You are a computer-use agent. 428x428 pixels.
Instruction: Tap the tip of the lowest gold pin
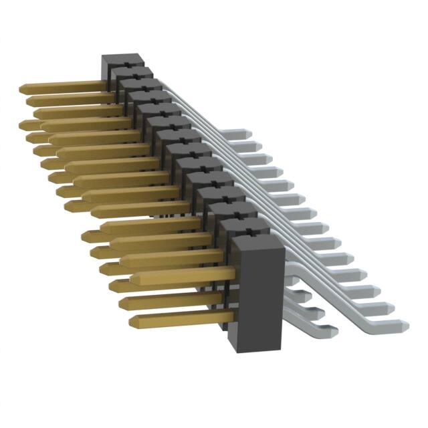[132, 320]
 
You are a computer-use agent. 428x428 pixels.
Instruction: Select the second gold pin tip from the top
[29, 100]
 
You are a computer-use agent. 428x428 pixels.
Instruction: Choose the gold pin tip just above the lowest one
[122, 303]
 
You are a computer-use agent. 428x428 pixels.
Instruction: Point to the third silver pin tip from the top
[270, 158]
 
